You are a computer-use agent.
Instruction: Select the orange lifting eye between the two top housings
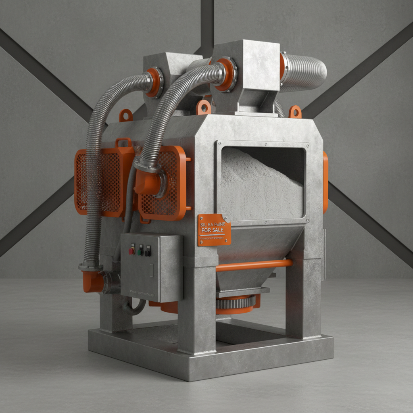(x=204, y=107)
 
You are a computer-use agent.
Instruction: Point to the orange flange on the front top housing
(x=225, y=74)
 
